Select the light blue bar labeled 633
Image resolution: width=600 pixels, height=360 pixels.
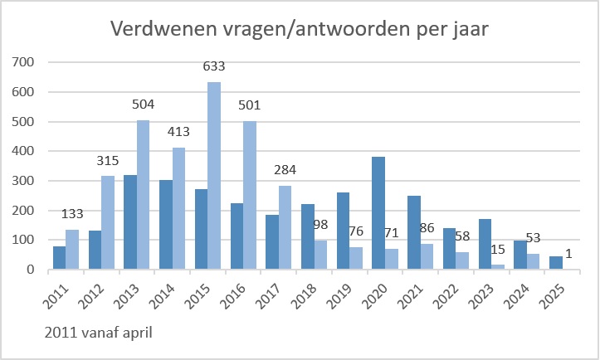click(x=214, y=176)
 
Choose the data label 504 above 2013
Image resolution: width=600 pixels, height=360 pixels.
click(x=143, y=105)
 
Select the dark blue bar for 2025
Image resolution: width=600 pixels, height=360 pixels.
click(x=555, y=263)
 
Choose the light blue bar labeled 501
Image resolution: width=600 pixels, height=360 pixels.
click(x=250, y=195)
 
